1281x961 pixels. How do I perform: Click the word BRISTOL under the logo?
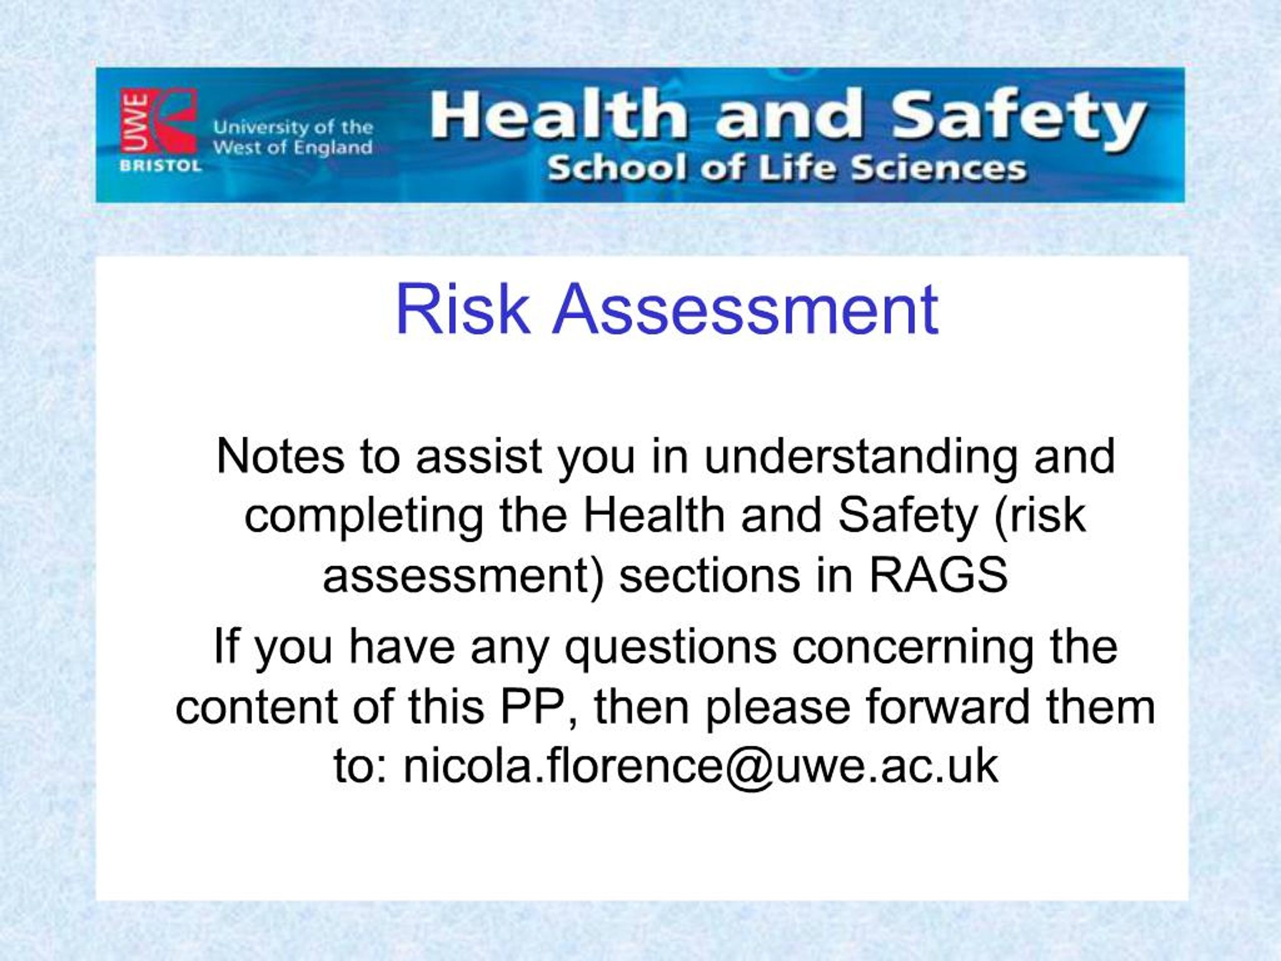pyautogui.click(x=161, y=166)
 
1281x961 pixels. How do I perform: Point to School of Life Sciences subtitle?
pyautogui.click(x=786, y=169)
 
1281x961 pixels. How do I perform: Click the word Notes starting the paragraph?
pyautogui.click(x=280, y=457)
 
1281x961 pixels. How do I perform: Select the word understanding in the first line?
pyautogui.click(x=860, y=457)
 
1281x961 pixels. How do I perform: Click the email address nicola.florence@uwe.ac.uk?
pyautogui.click(x=700, y=766)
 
